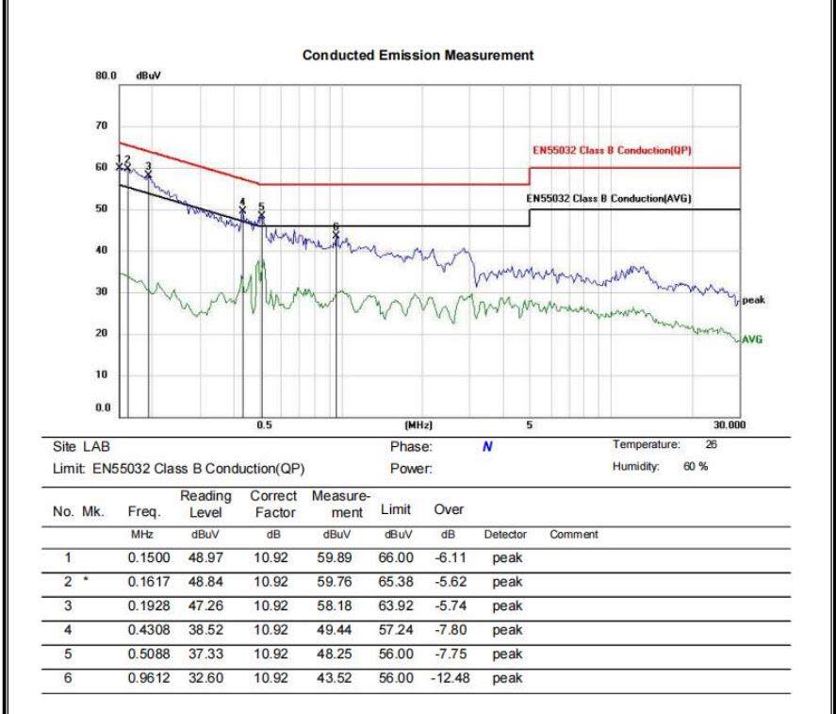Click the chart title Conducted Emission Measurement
418,56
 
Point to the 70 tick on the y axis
101,125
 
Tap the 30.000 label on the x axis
729,424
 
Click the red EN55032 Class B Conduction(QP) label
612,150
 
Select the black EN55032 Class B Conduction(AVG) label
609,198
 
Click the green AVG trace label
752,340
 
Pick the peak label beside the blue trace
753,300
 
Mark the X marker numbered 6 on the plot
336,235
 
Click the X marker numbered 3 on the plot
148,175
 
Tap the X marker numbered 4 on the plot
242,210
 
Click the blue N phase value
487,447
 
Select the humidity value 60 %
696,466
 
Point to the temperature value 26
711,444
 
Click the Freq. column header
144,512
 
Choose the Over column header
449,509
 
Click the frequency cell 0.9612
149,678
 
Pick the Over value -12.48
451,678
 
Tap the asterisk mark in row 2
86,579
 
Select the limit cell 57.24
396,630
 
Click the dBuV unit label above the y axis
148,75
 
